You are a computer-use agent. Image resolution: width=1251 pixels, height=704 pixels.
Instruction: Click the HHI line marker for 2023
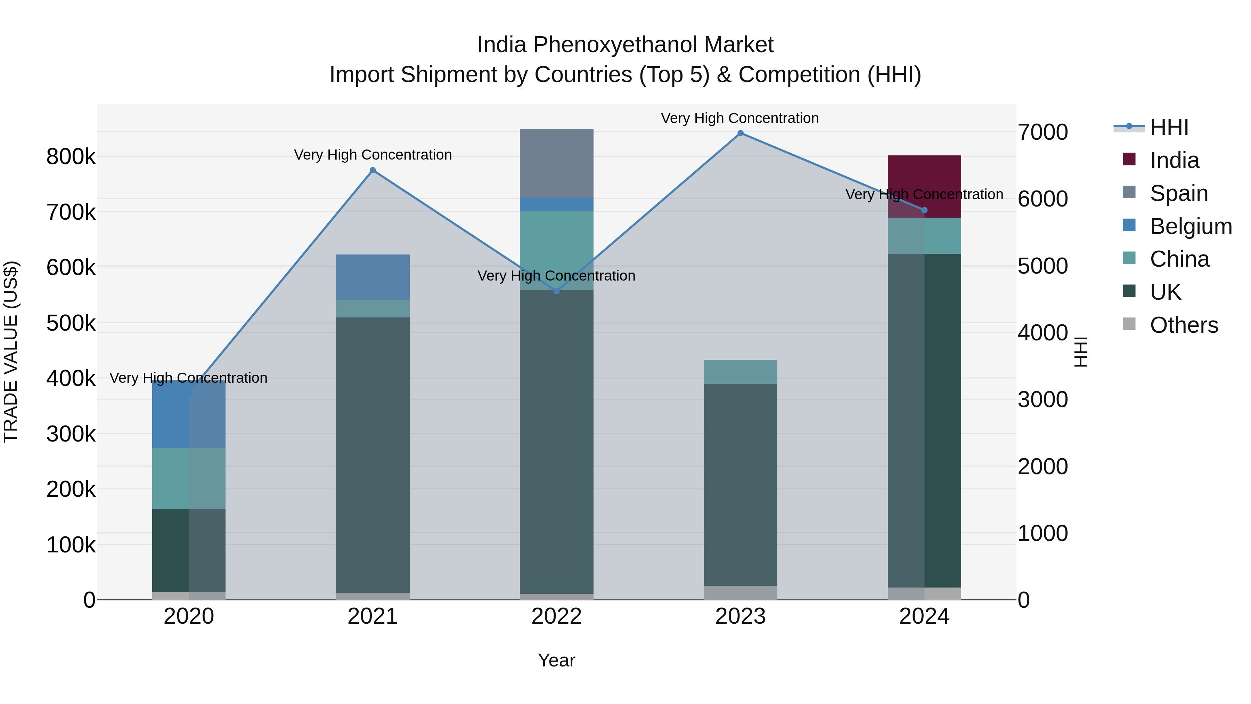[740, 133]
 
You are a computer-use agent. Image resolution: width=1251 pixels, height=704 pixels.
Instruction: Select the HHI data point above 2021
[373, 170]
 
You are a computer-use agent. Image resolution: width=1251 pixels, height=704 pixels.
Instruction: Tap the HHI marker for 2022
[557, 291]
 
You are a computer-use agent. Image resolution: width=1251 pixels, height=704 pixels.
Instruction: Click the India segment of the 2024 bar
[924, 187]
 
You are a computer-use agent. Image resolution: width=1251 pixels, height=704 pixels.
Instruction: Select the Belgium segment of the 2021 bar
[373, 277]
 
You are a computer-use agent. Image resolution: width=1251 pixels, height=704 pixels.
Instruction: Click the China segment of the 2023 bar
[740, 372]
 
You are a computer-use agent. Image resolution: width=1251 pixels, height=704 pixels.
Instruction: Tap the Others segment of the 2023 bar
[740, 592]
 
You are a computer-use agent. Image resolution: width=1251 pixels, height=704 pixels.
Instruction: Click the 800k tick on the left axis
[71, 157]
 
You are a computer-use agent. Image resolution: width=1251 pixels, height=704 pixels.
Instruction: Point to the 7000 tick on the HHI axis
[1042, 132]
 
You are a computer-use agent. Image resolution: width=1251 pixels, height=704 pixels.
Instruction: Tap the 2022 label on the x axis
[557, 616]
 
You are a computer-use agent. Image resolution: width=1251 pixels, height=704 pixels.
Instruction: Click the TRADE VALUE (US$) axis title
[11, 352]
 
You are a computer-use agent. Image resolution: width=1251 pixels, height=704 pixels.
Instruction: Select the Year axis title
[557, 660]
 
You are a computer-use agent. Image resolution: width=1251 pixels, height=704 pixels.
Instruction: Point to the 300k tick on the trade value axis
[71, 434]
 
